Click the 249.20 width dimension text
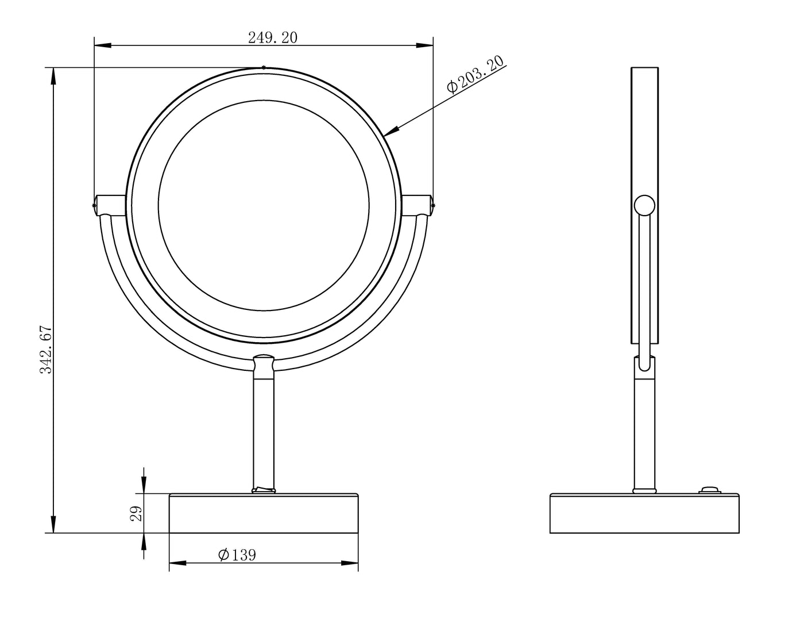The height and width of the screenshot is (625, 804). tap(272, 38)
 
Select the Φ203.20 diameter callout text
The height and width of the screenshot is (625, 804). tap(476, 74)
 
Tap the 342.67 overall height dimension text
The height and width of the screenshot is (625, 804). tap(47, 350)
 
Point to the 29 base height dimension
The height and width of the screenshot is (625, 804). tap(137, 513)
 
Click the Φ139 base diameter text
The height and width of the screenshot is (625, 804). tap(237, 555)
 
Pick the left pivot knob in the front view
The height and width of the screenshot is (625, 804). tap(110, 205)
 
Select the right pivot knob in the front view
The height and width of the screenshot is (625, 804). tap(418, 205)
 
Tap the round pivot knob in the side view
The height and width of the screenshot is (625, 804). tap(644, 205)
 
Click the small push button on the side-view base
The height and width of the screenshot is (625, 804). tap(710, 490)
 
